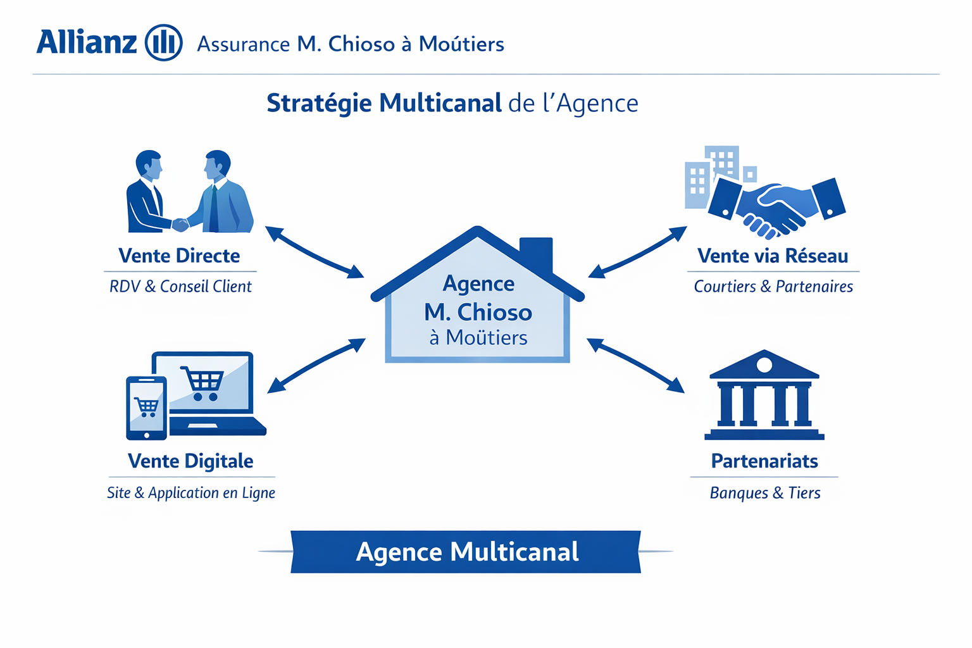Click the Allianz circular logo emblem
(x=164, y=42)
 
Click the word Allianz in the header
(x=87, y=42)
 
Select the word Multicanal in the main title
(x=440, y=103)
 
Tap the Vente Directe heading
(x=179, y=256)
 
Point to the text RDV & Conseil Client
(x=180, y=287)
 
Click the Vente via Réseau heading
(x=773, y=256)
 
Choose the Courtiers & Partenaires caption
(x=773, y=287)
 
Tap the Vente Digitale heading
(x=190, y=461)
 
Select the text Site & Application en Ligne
(x=191, y=493)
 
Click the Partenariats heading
(x=764, y=461)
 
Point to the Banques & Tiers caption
(x=765, y=493)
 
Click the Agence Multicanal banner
(x=466, y=552)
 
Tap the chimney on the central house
(x=537, y=253)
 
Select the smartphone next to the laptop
(x=147, y=408)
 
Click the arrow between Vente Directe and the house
(x=315, y=252)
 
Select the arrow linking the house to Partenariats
(x=636, y=366)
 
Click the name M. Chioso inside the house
(x=478, y=313)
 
